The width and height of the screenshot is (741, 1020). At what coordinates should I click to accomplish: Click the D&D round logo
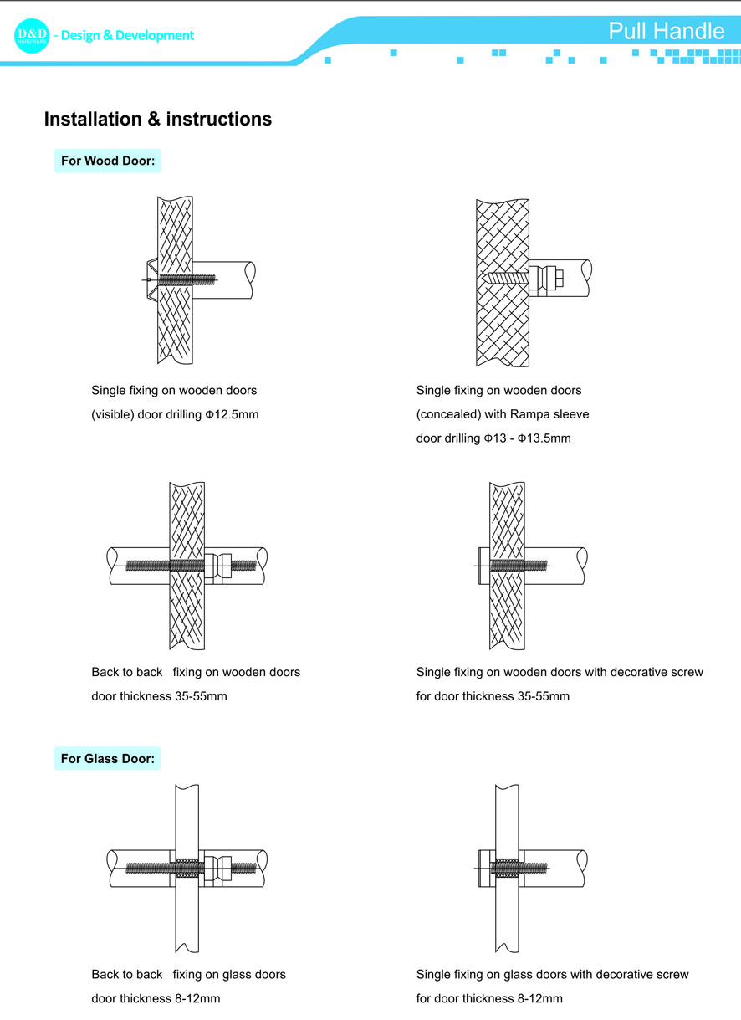[x=33, y=35]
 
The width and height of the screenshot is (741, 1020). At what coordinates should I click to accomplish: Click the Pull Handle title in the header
[x=666, y=31]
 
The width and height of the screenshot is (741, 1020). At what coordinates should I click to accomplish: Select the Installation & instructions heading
[x=157, y=119]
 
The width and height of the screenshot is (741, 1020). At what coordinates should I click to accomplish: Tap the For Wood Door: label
[x=108, y=161]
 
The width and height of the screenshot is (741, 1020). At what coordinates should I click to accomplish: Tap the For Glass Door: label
[x=108, y=759]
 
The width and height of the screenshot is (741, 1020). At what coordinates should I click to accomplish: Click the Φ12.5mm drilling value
[x=232, y=414]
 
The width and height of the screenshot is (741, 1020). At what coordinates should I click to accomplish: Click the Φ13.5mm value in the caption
[x=544, y=438]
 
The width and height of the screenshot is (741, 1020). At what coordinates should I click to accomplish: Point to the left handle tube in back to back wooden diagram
[x=138, y=566]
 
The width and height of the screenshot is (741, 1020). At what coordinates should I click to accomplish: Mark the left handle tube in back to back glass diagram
[x=138, y=868]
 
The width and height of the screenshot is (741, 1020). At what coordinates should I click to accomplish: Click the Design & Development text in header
[x=123, y=35]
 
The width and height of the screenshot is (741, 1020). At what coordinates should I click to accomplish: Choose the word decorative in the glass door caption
[x=600, y=974]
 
